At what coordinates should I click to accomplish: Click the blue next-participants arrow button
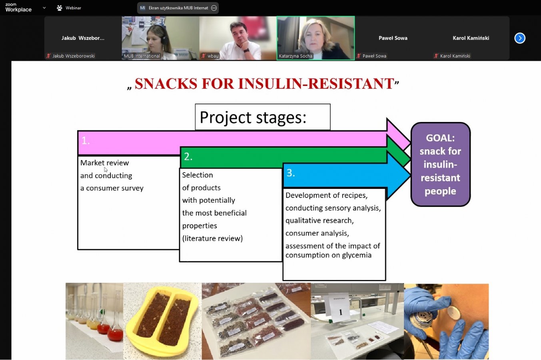pyautogui.click(x=519, y=38)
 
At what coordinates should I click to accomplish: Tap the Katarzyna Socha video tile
pyautogui.click(x=315, y=38)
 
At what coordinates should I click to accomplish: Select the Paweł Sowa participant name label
pyautogui.click(x=374, y=56)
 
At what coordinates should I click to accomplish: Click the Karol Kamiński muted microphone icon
pyautogui.click(x=436, y=56)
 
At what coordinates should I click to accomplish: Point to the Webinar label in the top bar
pyautogui.click(x=73, y=8)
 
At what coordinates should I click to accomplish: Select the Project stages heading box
pyautogui.click(x=262, y=117)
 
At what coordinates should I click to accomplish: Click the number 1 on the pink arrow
pyautogui.click(x=85, y=140)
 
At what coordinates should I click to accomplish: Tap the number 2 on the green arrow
pyautogui.click(x=188, y=156)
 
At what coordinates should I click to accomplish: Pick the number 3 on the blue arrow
pyautogui.click(x=291, y=173)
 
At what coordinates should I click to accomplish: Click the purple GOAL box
pyautogui.click(x=440, y=164)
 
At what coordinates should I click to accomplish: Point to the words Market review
pyautogui.click(x=104, y=163)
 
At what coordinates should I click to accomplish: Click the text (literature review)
pyautogui.click(x=212, y=238)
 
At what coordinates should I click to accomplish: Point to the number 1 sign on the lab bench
pyautogui.click(x=340, y=312)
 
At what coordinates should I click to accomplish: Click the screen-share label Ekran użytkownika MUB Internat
pyautogui.click(x=178, y=8)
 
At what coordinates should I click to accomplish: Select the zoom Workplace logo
pyautogui.click(x=18, y=8)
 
